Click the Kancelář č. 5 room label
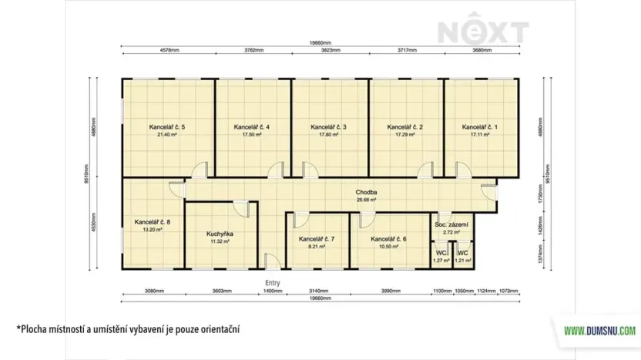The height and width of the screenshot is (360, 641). pos(167,126)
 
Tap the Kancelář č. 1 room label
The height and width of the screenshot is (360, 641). pos(480,126)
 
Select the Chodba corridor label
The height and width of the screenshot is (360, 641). pos(365,192)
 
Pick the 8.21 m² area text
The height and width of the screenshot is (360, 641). pos(317,247)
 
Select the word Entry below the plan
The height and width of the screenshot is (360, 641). pos(273,283)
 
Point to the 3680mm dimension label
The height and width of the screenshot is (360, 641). pos(482,50)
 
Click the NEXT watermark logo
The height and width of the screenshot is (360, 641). pos(484,32)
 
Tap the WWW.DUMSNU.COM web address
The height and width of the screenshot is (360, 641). pos(600,331)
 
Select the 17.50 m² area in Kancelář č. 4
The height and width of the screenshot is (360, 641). pos(251,135)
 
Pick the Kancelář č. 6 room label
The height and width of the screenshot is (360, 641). pos(388,239)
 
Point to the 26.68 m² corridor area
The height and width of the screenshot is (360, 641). pos(365,200)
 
